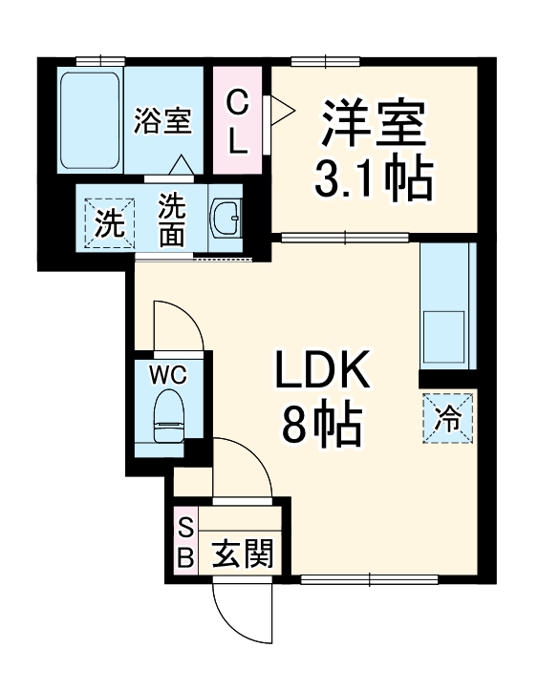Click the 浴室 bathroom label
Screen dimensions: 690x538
(x=162, y=121)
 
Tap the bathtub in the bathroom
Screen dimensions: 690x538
(x=90, y=118)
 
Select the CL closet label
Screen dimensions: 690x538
(x=239, y=121)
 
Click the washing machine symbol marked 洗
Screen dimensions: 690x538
(x=109, y=225)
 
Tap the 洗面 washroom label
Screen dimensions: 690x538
(x=171, y=220)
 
